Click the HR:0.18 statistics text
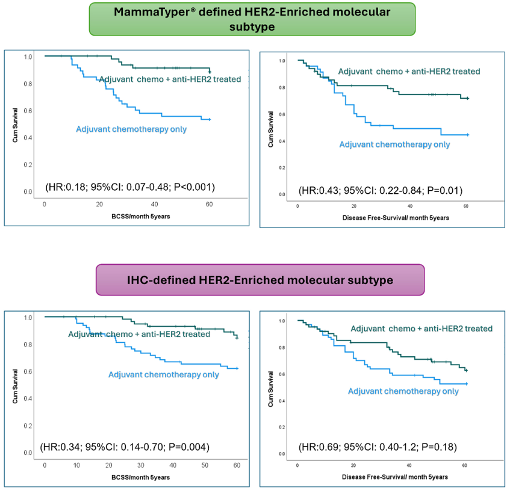(130, 187)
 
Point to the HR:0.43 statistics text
(380, 191)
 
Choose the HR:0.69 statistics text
(378, 448)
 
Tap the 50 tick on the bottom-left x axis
(205, 466)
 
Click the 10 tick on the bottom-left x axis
(76, 466)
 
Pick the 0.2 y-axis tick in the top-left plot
(27, 164)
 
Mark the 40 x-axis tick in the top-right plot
(409, 206)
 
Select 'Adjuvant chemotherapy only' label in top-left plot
(131, 129)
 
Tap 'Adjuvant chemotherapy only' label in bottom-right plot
(403, 391)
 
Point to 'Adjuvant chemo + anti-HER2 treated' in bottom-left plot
(139, 334)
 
